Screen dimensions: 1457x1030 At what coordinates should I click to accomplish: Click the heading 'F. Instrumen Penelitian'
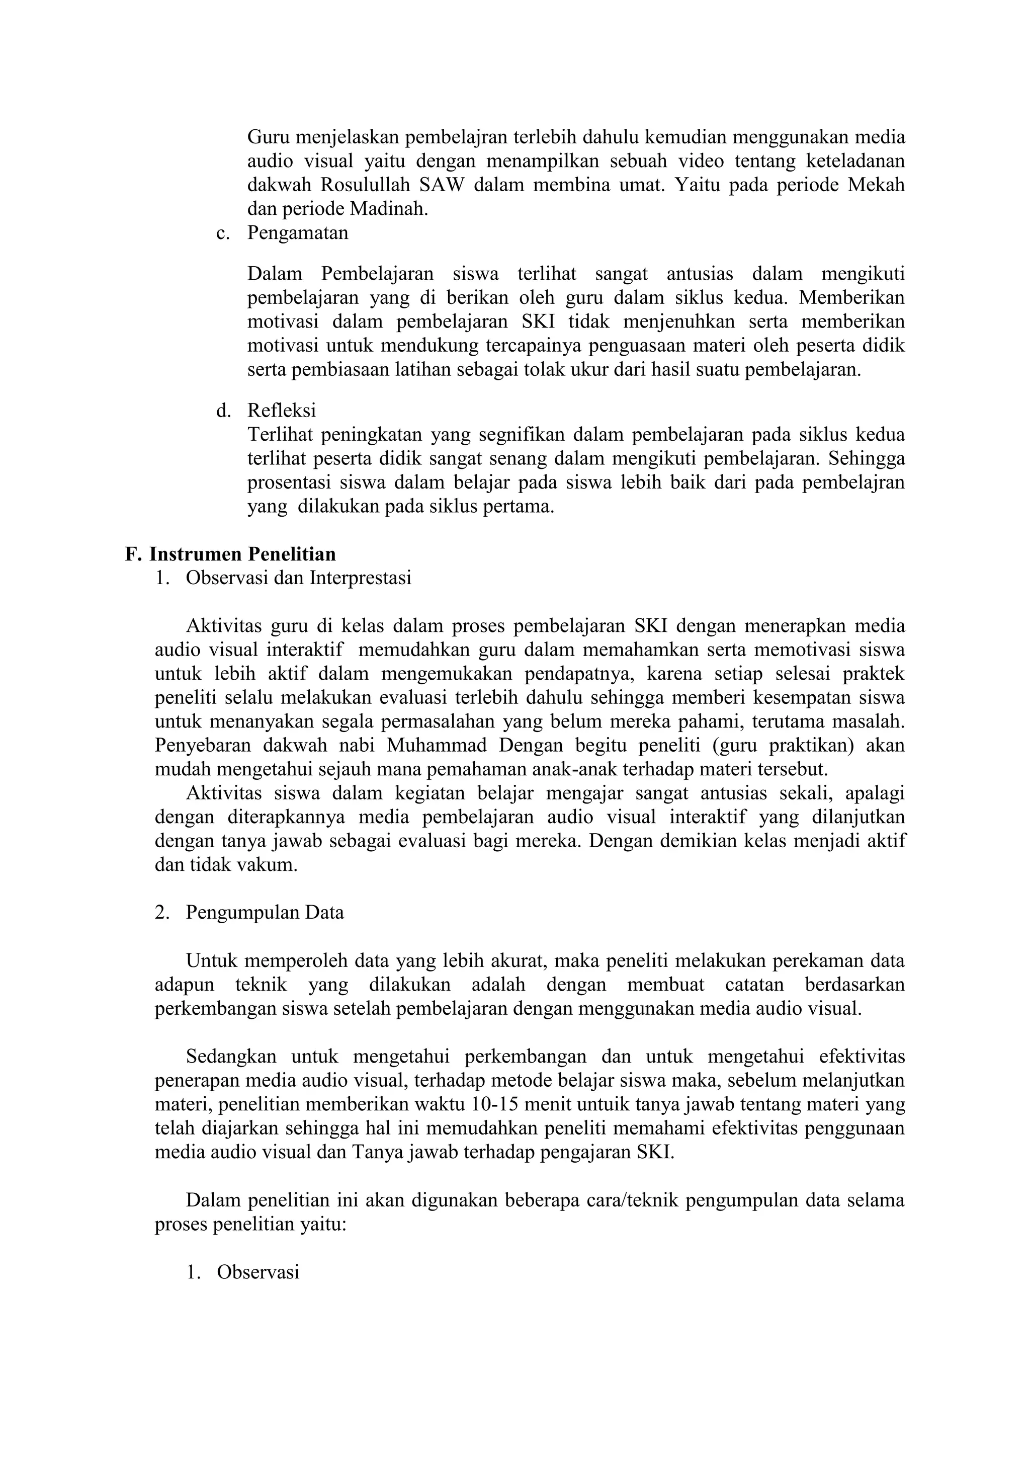tap(230, 554)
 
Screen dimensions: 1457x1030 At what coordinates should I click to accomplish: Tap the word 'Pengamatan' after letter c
tap(297, 233)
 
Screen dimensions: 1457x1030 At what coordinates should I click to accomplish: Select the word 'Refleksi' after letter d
tap(282, 411)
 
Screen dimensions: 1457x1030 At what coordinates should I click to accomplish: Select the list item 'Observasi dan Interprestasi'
tap(298, 578)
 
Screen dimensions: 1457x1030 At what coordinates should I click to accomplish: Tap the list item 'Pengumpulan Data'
tap(265, 913)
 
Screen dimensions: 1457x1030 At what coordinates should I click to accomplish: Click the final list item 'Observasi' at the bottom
tap(257, 1272)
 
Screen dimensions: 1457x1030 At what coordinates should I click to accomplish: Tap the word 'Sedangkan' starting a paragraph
tap(231, 1057)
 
